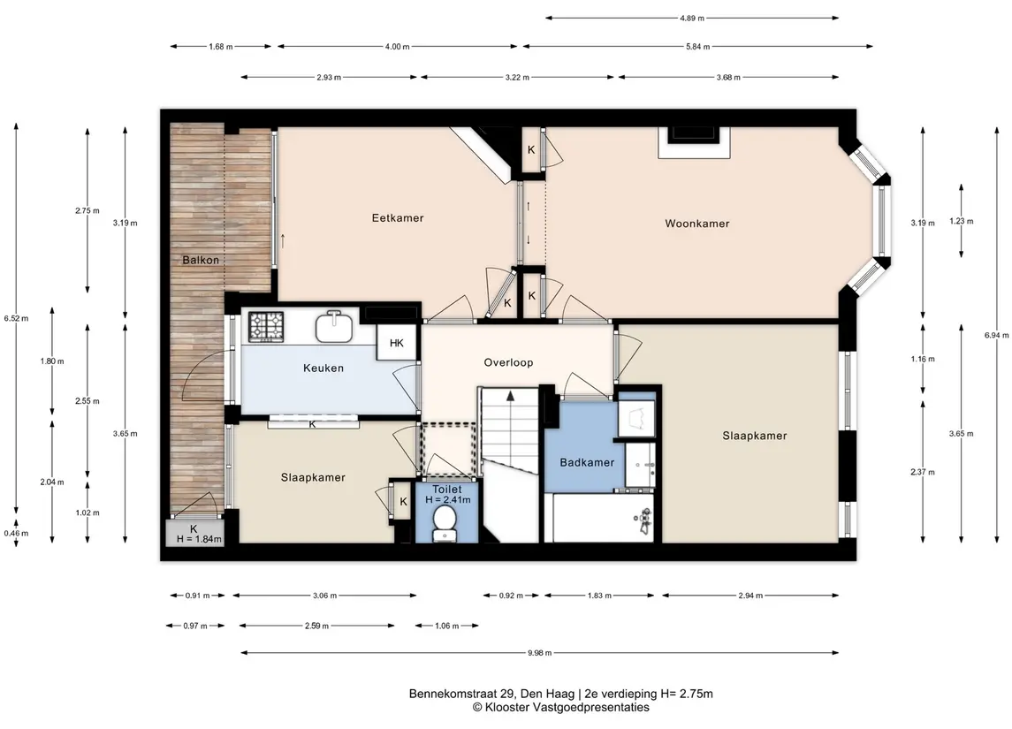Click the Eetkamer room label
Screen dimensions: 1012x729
[x=398, y=218]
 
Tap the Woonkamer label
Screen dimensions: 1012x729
[x=697, y=224]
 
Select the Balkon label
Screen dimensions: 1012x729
[x=201, y=260]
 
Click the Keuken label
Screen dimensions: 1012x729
[x=323, y=368]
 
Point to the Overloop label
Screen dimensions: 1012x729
[x=508, y=362]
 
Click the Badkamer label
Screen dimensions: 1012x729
[x=588, y=462]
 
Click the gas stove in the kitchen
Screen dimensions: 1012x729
[x=266, y=326]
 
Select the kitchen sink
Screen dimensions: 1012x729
[x=334, y=326]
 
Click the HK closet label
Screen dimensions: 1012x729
[x=396, y=343]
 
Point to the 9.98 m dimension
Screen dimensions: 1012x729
[x=539, y=653]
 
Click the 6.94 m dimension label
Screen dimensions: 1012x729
[x=996, y=335]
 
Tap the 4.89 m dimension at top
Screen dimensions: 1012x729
[x=692, y=18]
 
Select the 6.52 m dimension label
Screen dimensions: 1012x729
[x=16, y=318]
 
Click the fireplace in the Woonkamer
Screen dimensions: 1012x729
[x=694, y=142]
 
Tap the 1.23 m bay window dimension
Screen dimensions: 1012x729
[x=962, y=221]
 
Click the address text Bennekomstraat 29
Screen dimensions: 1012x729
[x=462, y=695]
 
